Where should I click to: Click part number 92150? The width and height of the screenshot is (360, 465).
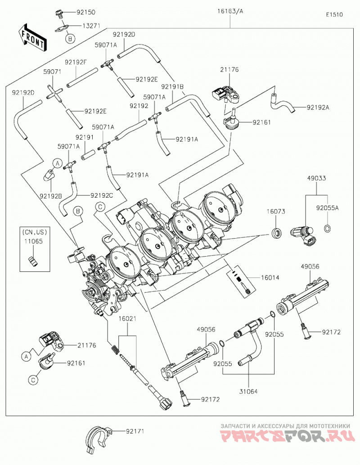coord(86,13)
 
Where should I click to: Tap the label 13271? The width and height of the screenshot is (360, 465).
coord(91,26)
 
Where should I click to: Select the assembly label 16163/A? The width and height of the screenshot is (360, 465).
coord(230,11)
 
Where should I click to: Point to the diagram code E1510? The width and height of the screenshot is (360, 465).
coord(334,14)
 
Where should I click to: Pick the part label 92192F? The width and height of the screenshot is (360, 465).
coord(76,62)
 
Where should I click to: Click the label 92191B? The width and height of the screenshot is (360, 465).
coord(172,86)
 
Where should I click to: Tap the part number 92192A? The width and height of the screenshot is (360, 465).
coord(318,107)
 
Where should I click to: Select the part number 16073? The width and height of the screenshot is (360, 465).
coord(276,212)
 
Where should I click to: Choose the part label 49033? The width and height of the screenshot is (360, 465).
coord(316,178)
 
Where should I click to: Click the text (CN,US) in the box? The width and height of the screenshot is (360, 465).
coord(34,231)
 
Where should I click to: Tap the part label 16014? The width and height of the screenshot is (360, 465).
coord(270,278)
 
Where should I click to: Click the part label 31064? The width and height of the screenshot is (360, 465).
coord(248,392)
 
